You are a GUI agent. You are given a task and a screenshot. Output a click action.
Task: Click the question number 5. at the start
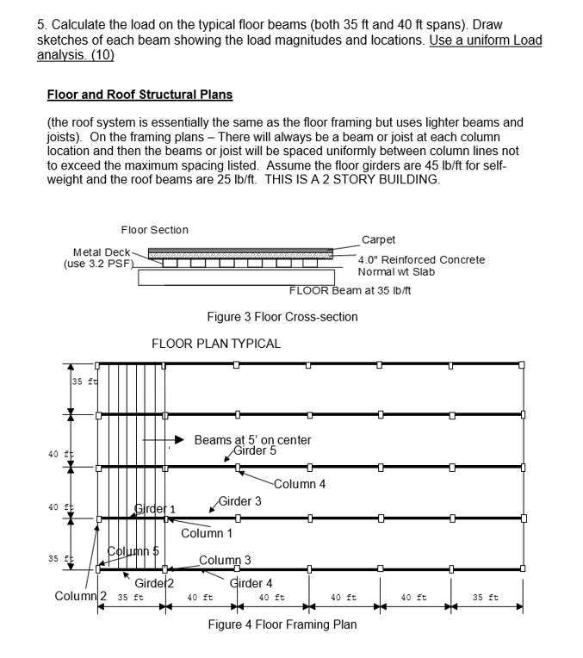point(42,24)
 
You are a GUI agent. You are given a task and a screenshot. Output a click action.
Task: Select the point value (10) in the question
point(99,55)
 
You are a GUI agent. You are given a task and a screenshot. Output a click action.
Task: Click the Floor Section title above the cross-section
point(154,230)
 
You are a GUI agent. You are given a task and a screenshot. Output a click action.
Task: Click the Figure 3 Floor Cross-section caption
point(282,317)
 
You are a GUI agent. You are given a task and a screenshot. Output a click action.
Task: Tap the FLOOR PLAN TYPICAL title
point(216,344)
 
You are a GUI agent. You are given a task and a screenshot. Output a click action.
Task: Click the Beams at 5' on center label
point(252,440)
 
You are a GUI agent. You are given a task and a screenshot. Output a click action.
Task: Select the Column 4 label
point(299,484)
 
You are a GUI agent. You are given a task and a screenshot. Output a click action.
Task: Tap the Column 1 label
point(207,533)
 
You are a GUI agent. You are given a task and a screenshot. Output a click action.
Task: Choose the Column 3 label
point(225,561)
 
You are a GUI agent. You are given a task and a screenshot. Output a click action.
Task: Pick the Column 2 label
point(80,596)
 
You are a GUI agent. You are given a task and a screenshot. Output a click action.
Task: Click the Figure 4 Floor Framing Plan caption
point(282,625)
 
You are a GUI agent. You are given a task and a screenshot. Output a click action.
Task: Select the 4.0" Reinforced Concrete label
point(421,259)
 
